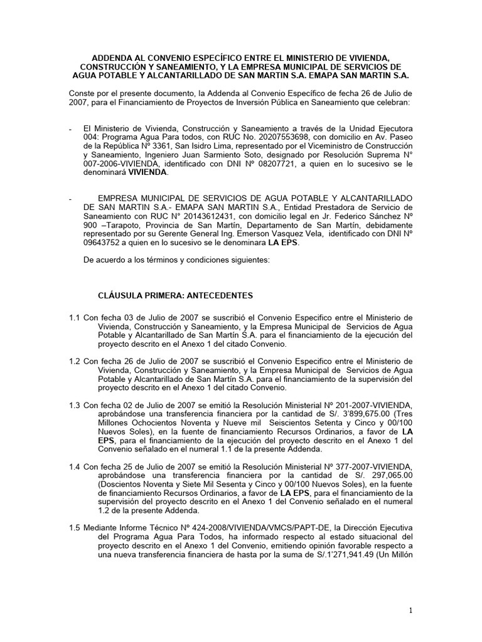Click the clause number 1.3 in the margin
[x=75, y=406]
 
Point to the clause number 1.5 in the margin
[x=75, y=511]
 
